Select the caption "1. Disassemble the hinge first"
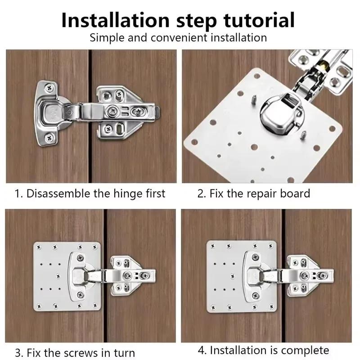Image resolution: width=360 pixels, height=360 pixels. pyautogui.click(x=90, y=194)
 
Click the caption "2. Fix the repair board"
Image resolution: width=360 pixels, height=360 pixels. pyautogui.click(x=254, y=194)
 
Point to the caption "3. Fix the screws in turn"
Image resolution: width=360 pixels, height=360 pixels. pyautogui.click(x=75, y=352)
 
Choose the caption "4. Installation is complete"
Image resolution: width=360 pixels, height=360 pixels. pyautogui.click(x=263, y=350)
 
